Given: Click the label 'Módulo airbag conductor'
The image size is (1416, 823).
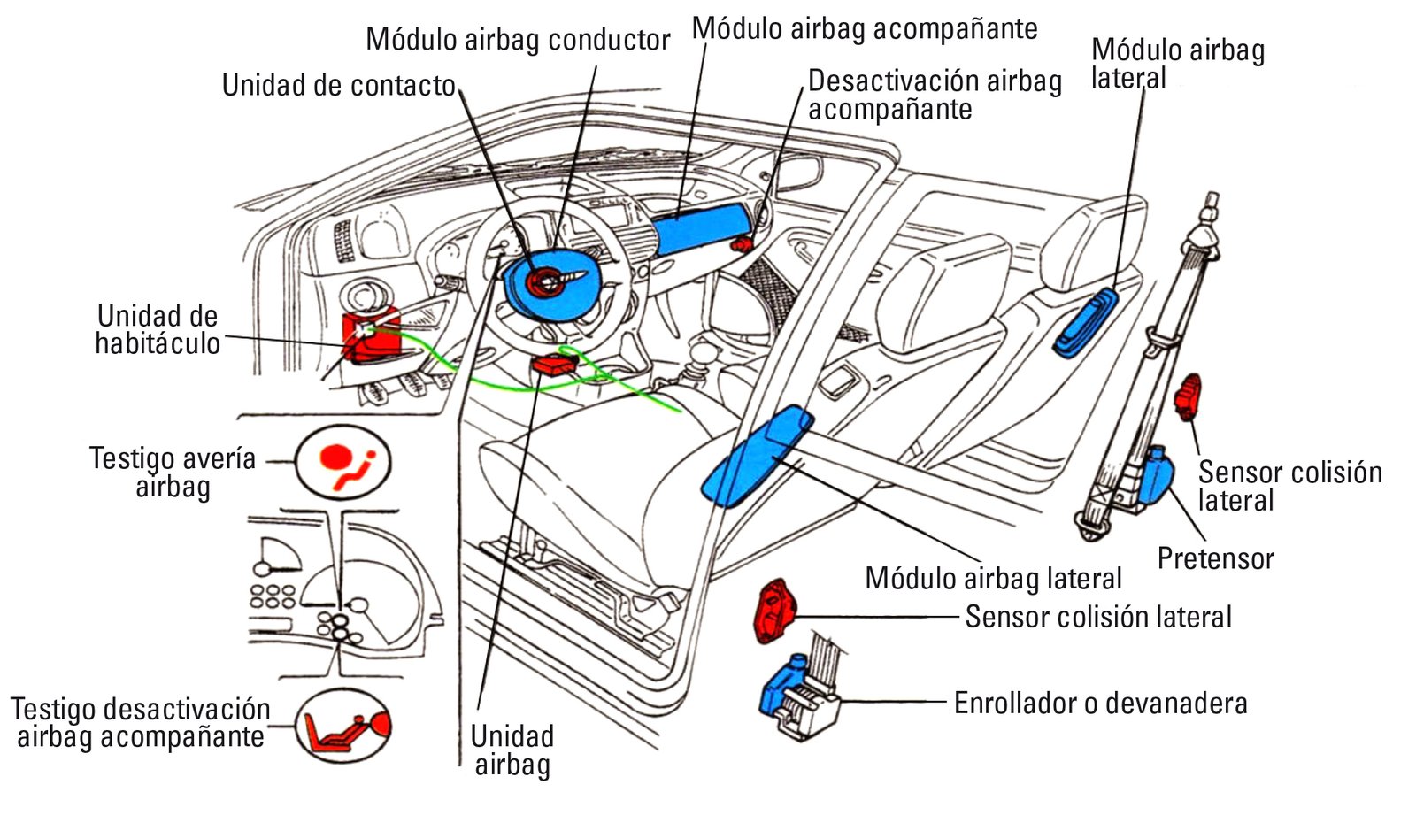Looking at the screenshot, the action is (x=518, y=40).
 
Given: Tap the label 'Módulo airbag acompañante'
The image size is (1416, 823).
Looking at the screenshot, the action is (x=865, y=28).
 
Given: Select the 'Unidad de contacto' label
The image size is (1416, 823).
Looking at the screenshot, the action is (x=338, y=85).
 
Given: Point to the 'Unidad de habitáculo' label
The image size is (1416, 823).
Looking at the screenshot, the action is (x=158, y=329).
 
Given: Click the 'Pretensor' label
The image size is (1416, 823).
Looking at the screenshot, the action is (x=1216, y=558).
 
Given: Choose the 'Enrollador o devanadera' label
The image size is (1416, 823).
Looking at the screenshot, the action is (x=1101, y=703).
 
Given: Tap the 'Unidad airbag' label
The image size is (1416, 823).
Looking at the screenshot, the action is (x=512, y=750).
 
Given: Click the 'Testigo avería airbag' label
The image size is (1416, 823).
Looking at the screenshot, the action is (x=172, y=473).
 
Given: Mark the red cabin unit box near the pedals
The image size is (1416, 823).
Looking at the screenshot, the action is (x=371, y=336).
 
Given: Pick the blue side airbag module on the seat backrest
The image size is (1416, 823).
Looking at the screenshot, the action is (x=1084, y=323).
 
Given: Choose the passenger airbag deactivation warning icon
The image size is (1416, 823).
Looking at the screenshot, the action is (x=343, y=727).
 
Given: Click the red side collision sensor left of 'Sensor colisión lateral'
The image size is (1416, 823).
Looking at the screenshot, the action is (x=774, y=611).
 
